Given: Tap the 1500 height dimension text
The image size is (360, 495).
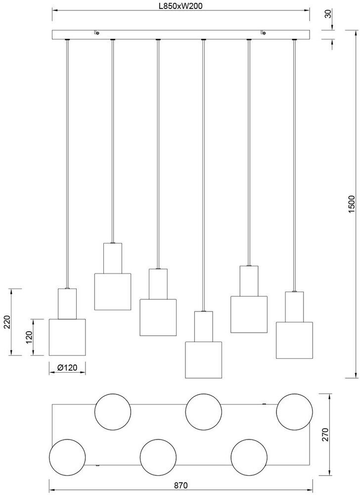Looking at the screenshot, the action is point(352,204).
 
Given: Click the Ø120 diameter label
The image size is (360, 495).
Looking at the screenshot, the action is point(67,368).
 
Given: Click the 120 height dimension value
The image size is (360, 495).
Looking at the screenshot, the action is point(29,337).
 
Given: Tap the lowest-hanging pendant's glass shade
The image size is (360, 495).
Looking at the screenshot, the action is point(203,360).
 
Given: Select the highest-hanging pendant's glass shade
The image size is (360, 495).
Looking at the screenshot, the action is point(113,292).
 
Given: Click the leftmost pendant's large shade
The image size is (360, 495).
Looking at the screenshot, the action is point(67,337).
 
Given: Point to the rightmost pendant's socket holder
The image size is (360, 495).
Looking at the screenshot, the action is point(294,307).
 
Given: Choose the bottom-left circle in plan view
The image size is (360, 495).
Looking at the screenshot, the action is point(67,456).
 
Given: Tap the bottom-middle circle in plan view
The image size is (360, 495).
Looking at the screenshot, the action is point(158,456).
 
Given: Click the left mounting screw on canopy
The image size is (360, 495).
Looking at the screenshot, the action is point(96,33).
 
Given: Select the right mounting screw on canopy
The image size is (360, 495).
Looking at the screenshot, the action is point(263,33).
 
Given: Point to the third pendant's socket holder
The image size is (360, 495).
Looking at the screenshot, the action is point(158,284).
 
